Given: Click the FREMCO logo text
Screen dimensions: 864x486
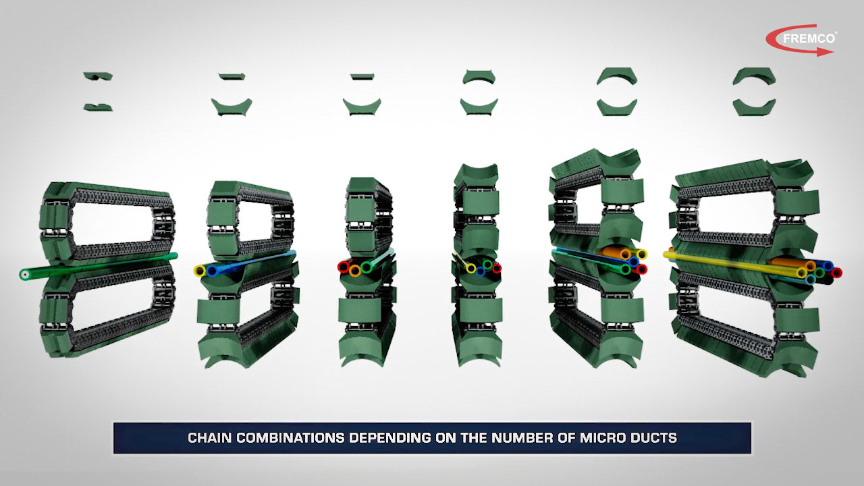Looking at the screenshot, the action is pos(809,38).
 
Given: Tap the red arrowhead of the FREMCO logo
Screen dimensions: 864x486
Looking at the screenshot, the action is pos(825,52).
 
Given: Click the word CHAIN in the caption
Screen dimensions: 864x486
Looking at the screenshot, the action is pos(209,438).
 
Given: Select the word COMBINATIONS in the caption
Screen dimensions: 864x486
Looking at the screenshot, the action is pos(290,438).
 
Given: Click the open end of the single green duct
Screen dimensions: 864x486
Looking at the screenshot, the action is pos(25,275).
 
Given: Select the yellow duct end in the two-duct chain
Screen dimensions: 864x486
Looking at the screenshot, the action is pos(199,271).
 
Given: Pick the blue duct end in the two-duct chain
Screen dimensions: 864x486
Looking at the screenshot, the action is pos(211,271).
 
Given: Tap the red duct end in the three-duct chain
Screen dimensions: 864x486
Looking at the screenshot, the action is pos(344,267).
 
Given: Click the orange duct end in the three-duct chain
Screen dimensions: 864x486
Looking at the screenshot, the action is pos(355,271).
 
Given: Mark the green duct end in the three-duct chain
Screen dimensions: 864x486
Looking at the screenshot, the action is pos(366,266).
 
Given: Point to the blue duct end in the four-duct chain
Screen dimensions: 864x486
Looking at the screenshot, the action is pos(480,271).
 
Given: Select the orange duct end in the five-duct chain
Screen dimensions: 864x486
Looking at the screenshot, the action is pos(625,254).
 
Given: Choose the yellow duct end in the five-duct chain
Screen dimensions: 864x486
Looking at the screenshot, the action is pos(641,254).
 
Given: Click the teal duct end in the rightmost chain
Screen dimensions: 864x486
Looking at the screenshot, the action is pos(811,279).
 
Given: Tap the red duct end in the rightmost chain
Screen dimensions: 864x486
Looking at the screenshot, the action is pos(836,273).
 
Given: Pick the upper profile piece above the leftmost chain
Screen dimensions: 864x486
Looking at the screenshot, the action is pos(98,76).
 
